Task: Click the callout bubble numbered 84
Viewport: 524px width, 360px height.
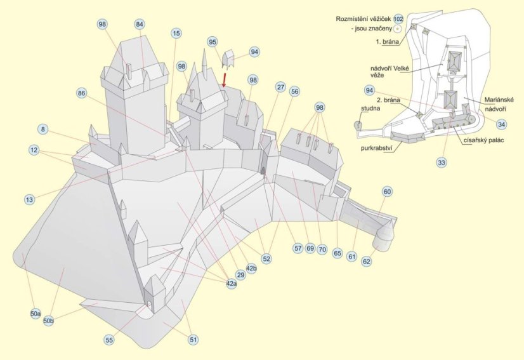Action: (140, 23)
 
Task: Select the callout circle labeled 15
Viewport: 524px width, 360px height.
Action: (176, 33)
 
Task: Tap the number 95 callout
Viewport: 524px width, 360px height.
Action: (213, 42)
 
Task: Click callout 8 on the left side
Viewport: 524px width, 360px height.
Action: (43, 130)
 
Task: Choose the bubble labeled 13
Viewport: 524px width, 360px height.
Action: (29, 199)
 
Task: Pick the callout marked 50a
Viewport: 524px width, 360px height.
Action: (36, 314)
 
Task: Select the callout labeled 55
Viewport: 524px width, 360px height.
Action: (109, 340)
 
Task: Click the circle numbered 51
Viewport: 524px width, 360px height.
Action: (193, 340)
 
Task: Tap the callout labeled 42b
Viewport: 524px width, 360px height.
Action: (252, 269)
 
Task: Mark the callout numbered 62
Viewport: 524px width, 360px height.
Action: (367, 260)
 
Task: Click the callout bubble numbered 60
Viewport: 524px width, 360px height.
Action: (387, 190)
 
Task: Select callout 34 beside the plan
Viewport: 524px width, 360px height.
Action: (502, 124)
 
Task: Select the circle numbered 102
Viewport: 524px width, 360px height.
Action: (398, 19)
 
